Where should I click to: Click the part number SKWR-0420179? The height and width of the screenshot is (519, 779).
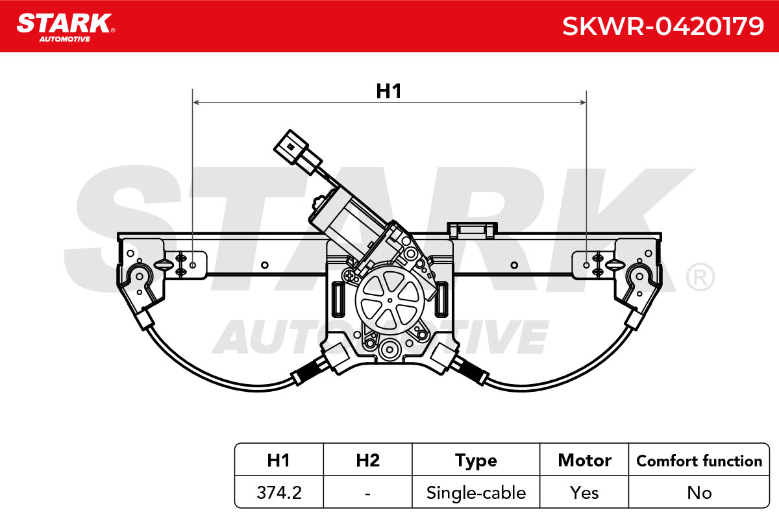(663, 27)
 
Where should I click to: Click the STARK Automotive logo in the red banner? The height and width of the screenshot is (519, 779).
(66, 28)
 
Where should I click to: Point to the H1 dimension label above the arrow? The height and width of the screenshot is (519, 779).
(389, 91)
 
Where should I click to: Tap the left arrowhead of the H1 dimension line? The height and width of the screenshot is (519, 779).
(196, 103)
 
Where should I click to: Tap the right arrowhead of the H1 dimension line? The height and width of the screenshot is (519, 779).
(583, 103)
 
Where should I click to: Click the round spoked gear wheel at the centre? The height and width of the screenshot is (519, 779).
(390, 300)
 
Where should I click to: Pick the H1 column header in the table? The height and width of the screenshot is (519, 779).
(278, 461)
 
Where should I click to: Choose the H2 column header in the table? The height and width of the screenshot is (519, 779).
(368, 461)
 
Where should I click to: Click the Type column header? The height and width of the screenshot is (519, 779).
(476, 461)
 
